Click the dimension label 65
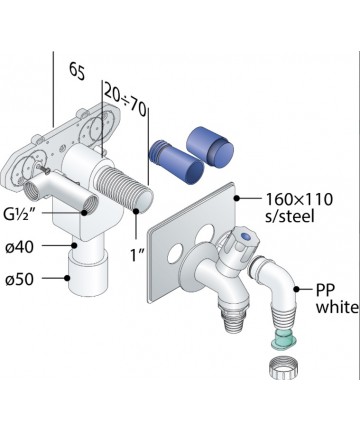point(77,71)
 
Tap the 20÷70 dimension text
point(125,100)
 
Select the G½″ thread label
point(21,214)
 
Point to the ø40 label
point(20,247)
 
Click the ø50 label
point(20,279)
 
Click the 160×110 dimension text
point(299,199)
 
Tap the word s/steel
point(290,216)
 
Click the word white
point(337,307)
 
